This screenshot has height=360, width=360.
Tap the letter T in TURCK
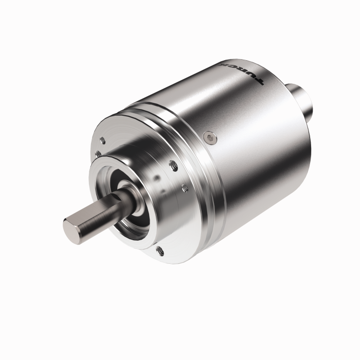[259, 82]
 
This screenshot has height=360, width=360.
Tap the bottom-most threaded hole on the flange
[159, 250]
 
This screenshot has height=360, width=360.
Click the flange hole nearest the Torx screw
[173, 166]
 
